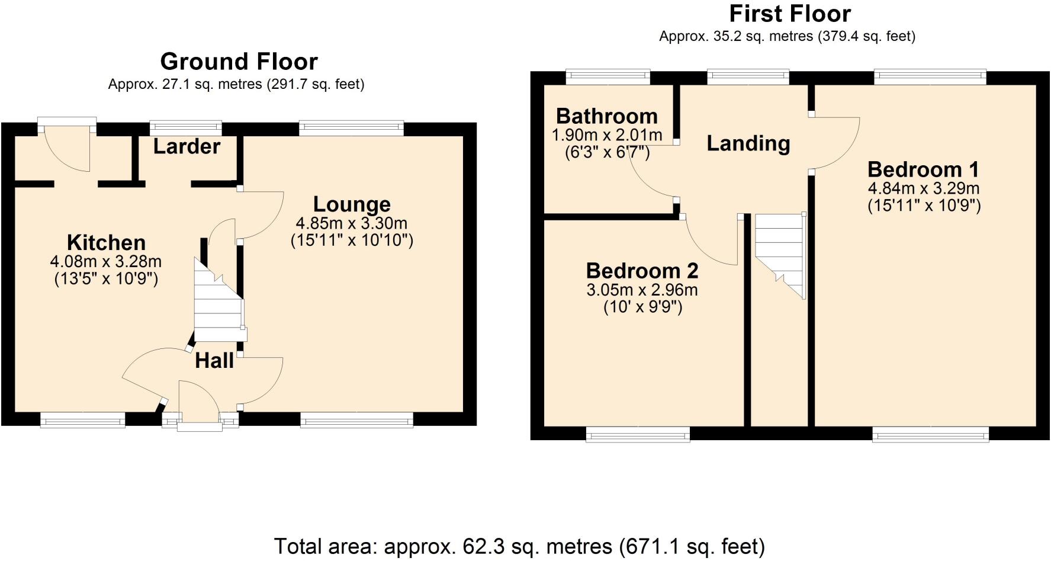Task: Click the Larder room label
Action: coord(187,146)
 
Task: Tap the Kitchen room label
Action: coord(106,242)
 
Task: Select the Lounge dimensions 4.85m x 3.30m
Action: coord(351,223)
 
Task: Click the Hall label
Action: coord(214,360)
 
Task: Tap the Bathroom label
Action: coord(606,116)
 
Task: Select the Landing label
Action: coord(748,143)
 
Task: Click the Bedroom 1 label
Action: coord(923,169)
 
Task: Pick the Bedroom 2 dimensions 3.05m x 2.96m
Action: coord(642,290)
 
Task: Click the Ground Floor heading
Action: coord(239,62)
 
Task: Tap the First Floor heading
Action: coord(789,13)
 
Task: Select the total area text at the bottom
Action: coord(519,546)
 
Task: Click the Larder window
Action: coord(185,127)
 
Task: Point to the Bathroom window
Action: coord(608,76)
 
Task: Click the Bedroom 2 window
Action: coord(638,435)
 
